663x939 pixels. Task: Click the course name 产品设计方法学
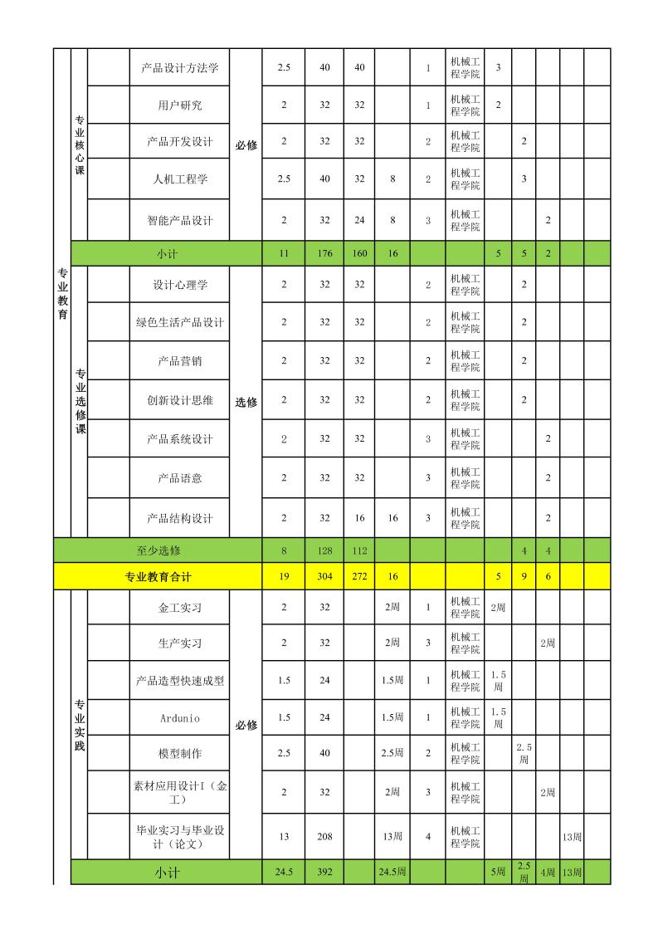click(x=179, y=67)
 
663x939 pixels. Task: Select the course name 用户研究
click(x=179, y=105)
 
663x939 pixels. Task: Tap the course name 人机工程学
click(x=179, y=179)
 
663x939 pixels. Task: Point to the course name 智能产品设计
click(x=179, y=220)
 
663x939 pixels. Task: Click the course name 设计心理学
click(x=179, y=285)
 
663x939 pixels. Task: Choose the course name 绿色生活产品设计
click(x=179, y=322)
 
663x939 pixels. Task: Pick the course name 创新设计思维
click(x=179, y=400)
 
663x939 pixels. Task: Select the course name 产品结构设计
click(x=179, y=518)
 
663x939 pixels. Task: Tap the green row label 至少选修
click(x=158, y=550)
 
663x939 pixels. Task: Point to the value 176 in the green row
click(x=324, y=253)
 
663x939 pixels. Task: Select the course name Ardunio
click(x=179, y=717)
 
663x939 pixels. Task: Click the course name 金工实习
click(x=179, y=608)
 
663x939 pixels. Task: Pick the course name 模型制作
click(x=179, y=754)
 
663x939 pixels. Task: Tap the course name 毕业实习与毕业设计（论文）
click(x=179, y=837)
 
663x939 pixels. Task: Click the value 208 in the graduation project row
click(x=324, y=837)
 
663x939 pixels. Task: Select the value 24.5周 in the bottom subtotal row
click(x=392, y=873)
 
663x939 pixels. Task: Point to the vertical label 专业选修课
click(x=80, y=401)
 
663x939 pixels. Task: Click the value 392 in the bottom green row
click(x=324, y=873)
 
